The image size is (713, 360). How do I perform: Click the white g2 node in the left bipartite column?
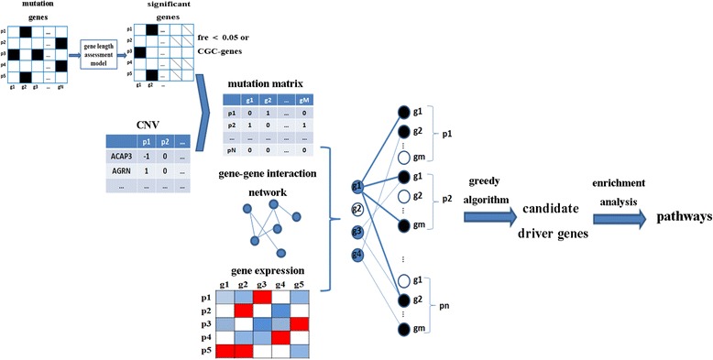[358, 209]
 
